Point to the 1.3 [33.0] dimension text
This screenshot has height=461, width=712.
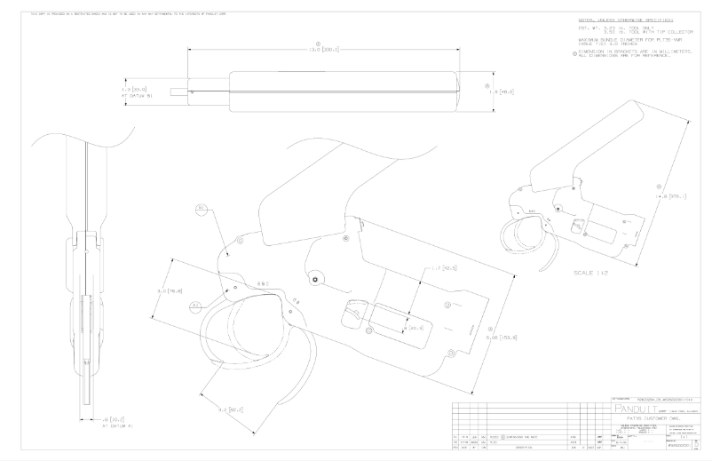coord(133,90)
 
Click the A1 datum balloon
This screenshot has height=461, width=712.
coord(195,305)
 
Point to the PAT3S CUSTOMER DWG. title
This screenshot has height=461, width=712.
coord(653,417)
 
